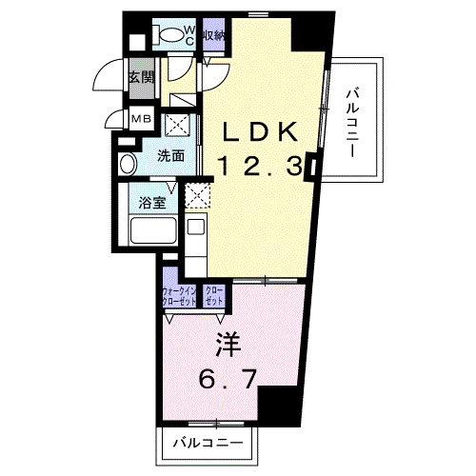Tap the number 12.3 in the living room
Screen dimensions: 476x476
(x=262, y=167)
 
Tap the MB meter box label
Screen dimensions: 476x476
(x=141, y=119)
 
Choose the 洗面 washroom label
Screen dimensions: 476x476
(x=171, y=155)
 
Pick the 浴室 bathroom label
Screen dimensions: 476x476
(x=153, y=202)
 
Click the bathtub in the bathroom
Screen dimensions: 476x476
(x=153, y=231)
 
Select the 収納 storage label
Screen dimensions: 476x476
(x=214, y=35)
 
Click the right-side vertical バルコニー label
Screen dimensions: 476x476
(x=352, y=121)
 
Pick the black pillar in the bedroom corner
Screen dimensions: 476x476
(x=278, y=407)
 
